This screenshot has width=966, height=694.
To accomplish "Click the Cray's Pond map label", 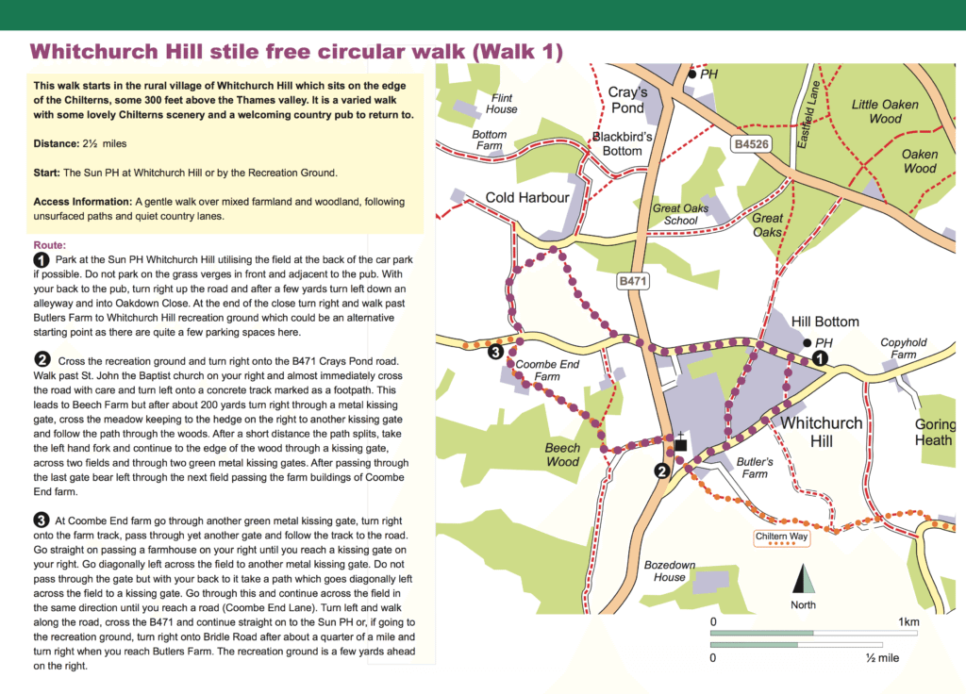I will coord(627,100).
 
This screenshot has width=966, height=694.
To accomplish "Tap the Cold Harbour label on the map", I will coord(527,197).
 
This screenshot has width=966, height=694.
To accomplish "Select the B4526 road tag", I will coord(751,144).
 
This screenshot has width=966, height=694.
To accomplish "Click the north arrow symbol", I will coord(804,580).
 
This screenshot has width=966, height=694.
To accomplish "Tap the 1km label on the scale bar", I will coord(908,622).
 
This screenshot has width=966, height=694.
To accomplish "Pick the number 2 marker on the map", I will coord(662,472).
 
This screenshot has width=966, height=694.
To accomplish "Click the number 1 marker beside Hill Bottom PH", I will coord(820,358).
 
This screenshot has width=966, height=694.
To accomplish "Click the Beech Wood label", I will coord(563,454).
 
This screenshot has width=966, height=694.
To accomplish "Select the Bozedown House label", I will coord(670,570).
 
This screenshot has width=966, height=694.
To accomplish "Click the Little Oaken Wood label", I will coord(885,111).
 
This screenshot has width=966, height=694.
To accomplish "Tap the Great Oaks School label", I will coord(681,214).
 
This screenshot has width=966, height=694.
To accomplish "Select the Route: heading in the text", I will coord(49,244).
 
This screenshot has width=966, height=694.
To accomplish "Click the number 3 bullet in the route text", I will coord(42,520).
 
